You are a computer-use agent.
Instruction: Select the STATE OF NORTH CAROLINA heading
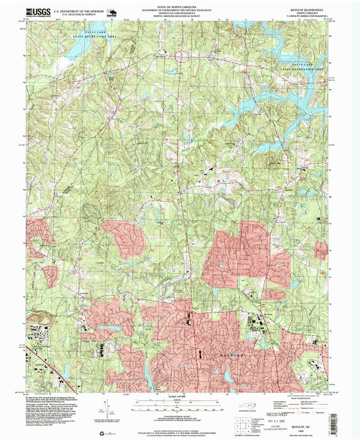(x=179, y=5)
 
